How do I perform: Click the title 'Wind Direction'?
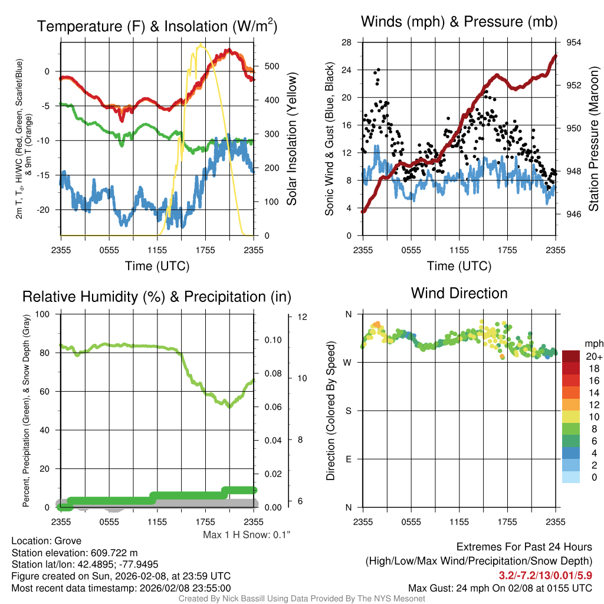(459, 293)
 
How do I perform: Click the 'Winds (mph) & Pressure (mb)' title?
(459, 22)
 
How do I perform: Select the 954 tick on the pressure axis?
(574, 42)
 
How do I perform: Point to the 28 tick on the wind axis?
(347, 42)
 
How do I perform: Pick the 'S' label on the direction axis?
(347, 411)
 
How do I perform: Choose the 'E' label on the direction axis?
(347, 459)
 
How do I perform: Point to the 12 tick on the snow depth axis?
(303, 317)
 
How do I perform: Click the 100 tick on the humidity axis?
(44, 314)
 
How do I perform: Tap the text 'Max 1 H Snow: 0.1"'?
(247, 534)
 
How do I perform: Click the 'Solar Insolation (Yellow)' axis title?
(291, 139)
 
